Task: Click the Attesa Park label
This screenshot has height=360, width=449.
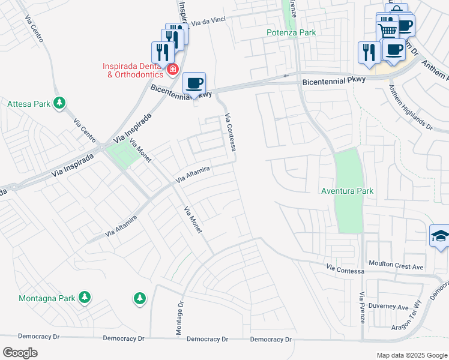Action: [x=28, y=104]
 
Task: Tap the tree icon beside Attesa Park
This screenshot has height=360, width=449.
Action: [x=59, y=103]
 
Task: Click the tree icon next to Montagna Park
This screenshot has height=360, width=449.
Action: [x=85, y=297]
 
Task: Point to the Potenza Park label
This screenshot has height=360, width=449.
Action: [x=291, y=33]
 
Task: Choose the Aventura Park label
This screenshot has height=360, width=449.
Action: [x=348, y=191]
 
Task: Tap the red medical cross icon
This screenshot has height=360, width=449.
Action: [x=173, y=70]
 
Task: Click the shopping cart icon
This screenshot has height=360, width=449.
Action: [x=388, y=28]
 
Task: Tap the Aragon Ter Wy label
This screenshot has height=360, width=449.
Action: [x=411, y=322]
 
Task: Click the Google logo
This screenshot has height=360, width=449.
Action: [x=20, y=353]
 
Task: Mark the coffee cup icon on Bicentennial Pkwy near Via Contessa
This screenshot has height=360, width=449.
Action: [x=193, y=83]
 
